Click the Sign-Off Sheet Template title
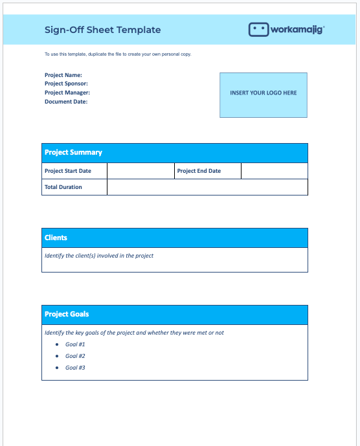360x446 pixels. click(x=102, y=30)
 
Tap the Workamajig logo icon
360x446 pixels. click(x=258, y=30)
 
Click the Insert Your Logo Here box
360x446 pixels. click(x=263, y=94)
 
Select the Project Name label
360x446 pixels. click(x=63, y=75)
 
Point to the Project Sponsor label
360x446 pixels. click(x=66, y=84)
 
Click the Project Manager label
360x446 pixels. click(x=67, y=93)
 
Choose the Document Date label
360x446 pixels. click(x=66, y=102)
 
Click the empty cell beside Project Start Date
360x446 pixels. click(x=141, y=171)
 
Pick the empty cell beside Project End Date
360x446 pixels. click(x=274, y=171)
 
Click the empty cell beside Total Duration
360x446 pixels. click(x=207, y=187)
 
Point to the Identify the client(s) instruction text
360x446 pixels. click(x=99, y=256)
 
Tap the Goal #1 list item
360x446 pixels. click(x=75, y=344)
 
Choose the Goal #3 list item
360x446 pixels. click(x=75, y=368)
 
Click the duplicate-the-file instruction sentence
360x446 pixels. click(x=118, y=54)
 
